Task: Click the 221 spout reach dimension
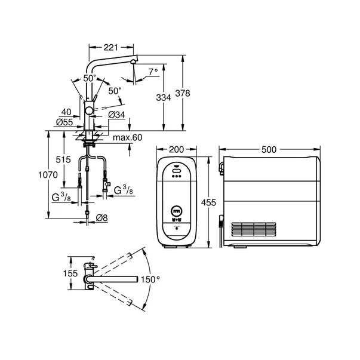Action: click(110, 48)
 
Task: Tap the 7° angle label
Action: click(153, 72)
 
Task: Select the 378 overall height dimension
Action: click(183, 93)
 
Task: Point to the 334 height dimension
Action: click(164, 97)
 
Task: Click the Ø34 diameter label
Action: click(116, 115)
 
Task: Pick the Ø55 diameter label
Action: click(64, 122)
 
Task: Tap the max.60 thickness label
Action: click(128, 137)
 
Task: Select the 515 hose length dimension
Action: click(63, 159)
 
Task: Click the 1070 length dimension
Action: click(48, 175)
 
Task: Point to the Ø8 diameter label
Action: click(101, 218)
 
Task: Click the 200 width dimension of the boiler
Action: click(176, 149)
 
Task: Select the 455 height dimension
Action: click(208, 202)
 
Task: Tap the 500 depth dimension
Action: click(269, 150)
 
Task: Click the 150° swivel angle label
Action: click(150, 279)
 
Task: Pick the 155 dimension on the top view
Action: click(70, 273)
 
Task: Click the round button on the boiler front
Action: click(177, 211)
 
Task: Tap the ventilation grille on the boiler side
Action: click(254, 229)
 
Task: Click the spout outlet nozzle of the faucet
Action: click(133, 61)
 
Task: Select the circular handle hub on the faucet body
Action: click(88, 112)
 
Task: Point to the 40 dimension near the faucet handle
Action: click(66, 112)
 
